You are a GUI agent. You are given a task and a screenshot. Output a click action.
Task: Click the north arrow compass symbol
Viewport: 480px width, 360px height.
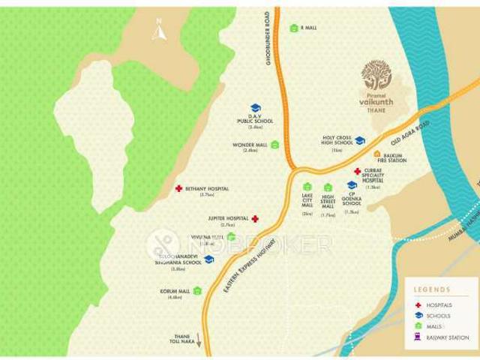coord(159,32)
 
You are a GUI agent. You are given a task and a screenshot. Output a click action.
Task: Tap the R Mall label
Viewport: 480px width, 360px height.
coord(307,28)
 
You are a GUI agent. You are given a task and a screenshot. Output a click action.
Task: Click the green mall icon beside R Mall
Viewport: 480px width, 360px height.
coord(294,28)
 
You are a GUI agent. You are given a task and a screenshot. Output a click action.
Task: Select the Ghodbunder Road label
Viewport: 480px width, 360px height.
coord(268,38)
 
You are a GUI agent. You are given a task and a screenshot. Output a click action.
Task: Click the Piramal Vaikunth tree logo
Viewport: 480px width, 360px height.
coord(376,75)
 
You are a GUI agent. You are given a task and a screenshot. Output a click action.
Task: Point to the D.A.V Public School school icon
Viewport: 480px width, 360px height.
coord(255,108)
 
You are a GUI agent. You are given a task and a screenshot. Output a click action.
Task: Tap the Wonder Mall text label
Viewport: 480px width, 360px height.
coord(250,145)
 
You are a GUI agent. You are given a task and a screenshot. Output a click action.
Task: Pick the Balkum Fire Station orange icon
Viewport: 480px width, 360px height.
coord(377,154)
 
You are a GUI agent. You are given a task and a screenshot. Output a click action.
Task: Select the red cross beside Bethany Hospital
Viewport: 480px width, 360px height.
coord(178,189)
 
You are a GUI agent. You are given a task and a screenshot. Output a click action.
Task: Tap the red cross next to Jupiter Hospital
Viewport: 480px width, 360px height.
coord(255,219)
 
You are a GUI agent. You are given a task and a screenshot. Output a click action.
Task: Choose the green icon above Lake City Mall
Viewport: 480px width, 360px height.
coord(307,187)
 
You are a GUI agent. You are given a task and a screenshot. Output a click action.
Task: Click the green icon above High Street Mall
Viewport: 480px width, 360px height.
coord(328,187)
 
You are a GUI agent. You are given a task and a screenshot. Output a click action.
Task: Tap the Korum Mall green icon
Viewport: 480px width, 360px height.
coord(197,290)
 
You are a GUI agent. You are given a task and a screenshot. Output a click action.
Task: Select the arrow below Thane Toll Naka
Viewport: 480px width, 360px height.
coord(199,340)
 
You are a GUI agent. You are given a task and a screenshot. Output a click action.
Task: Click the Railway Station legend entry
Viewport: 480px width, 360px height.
coord(447,337)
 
